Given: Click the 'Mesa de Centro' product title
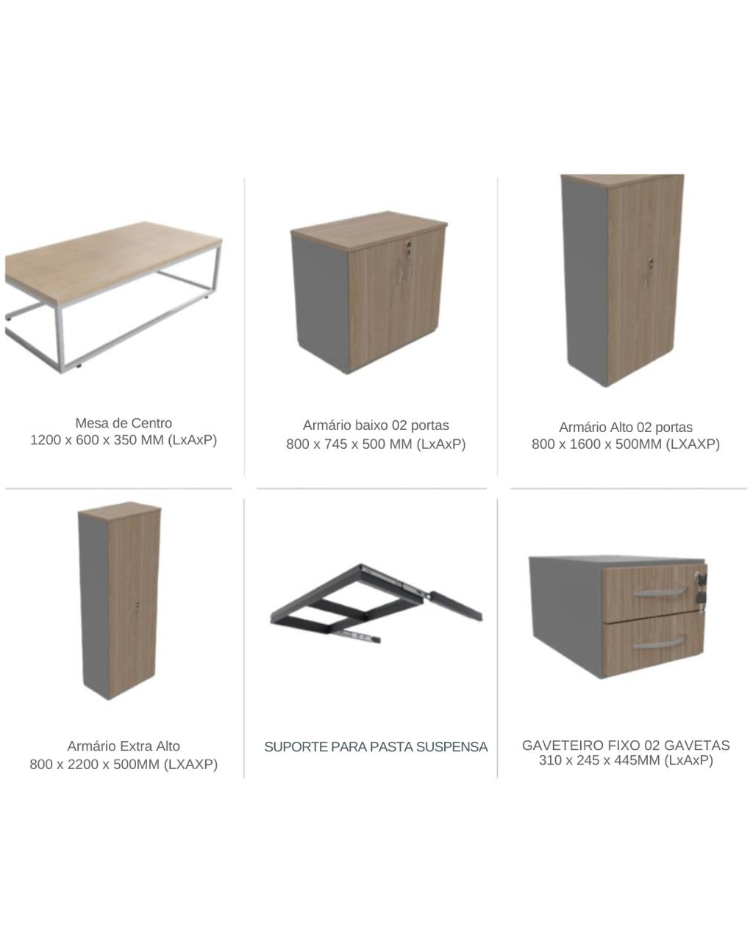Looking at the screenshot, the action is pos(124,423).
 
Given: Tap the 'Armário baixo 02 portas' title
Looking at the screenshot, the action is pos(376,425).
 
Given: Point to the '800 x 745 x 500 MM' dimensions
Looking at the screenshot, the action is pos(349,444).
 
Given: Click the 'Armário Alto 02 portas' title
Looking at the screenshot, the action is pos(626,427).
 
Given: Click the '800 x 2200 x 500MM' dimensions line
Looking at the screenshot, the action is pos(95,765).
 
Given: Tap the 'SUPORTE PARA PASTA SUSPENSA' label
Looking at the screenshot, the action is pos(376,747).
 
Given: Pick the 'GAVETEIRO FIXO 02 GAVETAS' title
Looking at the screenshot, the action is pos(626,745).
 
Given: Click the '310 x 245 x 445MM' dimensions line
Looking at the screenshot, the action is pos(601,760).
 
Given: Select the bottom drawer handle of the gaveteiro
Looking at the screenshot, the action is pos(658,643).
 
